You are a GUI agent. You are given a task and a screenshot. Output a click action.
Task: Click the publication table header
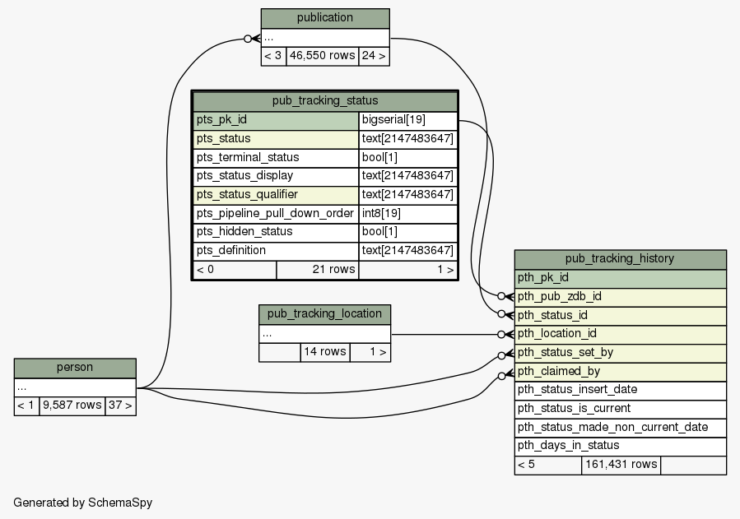click(325, 18)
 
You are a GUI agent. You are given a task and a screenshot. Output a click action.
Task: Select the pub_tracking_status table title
click(325, 101)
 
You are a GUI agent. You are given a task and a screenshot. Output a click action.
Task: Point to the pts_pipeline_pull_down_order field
click(276, 214)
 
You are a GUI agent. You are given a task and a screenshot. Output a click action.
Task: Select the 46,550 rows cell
click(323, 56)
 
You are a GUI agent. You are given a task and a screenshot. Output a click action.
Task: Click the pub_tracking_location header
click(324, 314)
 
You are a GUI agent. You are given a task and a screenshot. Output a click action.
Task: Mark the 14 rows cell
click(325, 352)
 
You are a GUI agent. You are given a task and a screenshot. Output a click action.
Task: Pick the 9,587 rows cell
click(72, 405)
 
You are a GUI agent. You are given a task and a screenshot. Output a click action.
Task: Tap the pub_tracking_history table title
click(620, 259)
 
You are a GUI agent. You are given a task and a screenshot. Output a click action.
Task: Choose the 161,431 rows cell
click(621, 466)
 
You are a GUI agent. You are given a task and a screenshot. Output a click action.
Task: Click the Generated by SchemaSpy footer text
click(83, 503)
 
